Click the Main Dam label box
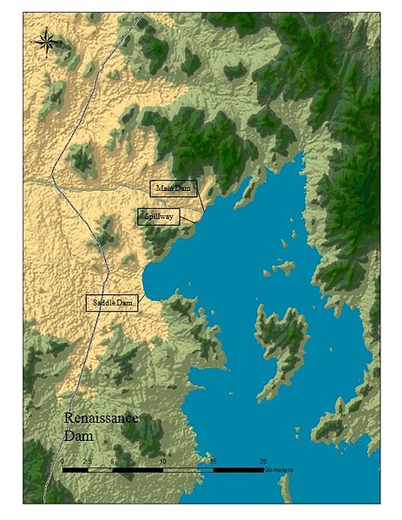(174, 188)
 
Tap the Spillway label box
(158, 217)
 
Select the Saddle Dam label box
(113, 302)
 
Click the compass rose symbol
(48, 41)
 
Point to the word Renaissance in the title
(102, 418)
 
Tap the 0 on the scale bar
(63, 461)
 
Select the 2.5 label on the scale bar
(88, 461)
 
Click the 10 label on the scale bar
(162, 461)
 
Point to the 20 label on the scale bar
(263, 461)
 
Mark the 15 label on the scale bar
(213, 461)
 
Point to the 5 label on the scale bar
(113, 461)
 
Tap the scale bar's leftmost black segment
(75, 470)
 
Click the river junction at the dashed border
(52, 181)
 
